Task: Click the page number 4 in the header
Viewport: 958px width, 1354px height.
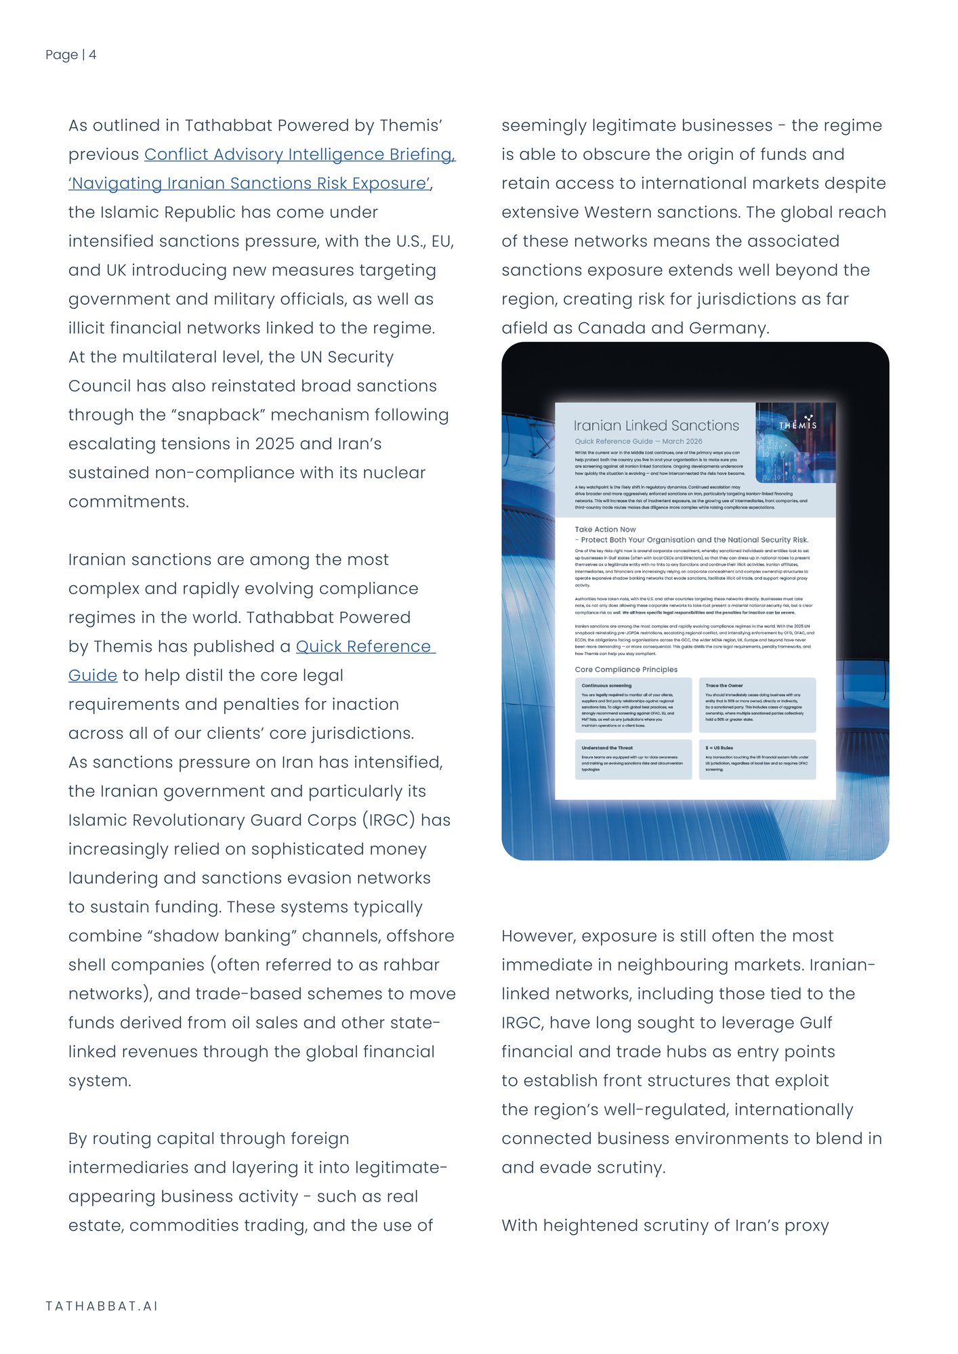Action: pyautogui.click(x=92, y=55)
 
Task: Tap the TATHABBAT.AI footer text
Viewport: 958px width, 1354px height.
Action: pyautogui.click(x=102, y=1306)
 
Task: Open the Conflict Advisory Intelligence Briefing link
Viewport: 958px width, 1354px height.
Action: pyautogui.click(x=299, y=155)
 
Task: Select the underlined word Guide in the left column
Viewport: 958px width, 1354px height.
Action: pyautogui.click(x=93, y=676)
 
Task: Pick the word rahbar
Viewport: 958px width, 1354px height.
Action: pyautogui.click(x=412, y=965)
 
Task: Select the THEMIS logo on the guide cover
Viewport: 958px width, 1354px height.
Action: pyautogui.click(x=797, y=424)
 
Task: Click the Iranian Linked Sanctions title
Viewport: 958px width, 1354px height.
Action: pyautogui.click(x=656, y=426)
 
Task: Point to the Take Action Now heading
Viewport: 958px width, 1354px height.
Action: pyautogui.click(x=605, y=530)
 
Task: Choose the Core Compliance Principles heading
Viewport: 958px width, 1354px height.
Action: pyautogui.click(x=626, y=670)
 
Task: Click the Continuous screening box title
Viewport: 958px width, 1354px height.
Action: pyautogui.click(x=606, y=685)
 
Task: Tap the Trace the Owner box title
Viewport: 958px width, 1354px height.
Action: pyautogui.click(x=724, y=685)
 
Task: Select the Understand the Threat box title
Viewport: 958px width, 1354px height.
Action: pyautogui.click(x=607, y=748)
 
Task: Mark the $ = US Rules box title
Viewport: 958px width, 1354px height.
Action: pyautogui.click(x=719, y=748)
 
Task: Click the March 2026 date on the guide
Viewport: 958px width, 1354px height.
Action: pyautogui.click(x=682, y=442)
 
